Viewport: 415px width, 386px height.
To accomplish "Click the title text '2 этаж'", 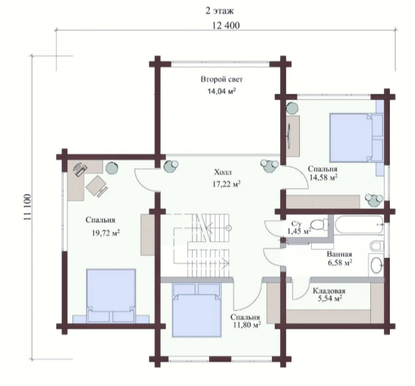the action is click(219, 11).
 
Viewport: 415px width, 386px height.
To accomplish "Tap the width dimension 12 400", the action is click(225, 25).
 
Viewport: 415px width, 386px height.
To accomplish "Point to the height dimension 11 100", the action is click(27, 207).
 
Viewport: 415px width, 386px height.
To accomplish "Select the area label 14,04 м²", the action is click(221, 91).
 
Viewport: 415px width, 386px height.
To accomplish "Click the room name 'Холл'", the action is click(222, 173).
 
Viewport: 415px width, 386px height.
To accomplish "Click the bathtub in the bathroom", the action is click(358, 225).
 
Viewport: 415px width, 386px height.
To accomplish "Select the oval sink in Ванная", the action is click(376, 265).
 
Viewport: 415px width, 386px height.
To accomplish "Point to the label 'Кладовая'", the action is click(329, 291).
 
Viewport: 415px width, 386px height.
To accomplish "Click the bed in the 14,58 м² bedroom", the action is click(356, 137).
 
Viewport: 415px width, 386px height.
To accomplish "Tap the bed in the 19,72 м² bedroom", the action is click(111, 295).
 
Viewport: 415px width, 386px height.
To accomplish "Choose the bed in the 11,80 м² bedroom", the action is click(196, 310).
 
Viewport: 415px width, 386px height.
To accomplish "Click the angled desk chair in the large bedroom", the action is click(96, 186).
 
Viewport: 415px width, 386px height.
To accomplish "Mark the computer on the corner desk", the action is click(80, 169).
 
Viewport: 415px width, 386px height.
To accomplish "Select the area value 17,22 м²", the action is click(226, 184).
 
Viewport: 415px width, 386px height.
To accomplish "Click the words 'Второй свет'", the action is click(222, 79).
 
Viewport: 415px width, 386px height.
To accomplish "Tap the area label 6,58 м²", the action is click(339, 263).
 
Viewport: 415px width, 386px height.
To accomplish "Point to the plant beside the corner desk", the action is click(112, 167).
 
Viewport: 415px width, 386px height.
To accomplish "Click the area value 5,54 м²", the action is click(329, 298).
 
